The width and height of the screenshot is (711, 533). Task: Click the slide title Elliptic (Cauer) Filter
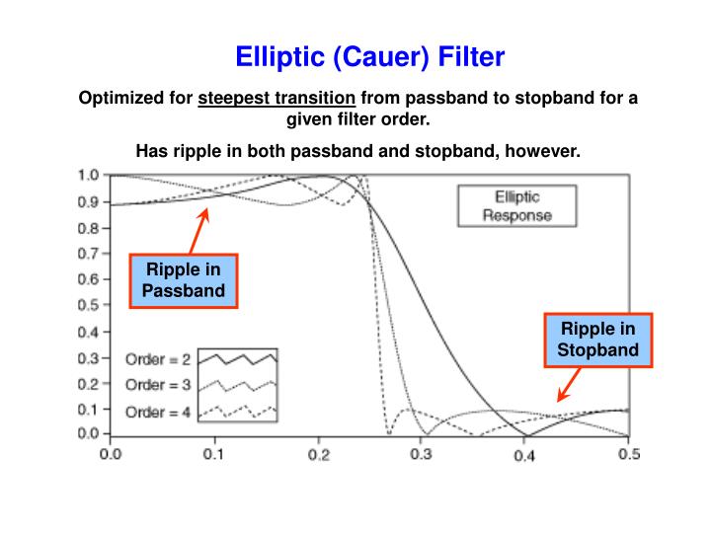pos(369,57)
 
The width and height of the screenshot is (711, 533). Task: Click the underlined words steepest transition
pos(276,99)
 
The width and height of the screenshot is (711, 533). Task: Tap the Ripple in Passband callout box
pos(184,280)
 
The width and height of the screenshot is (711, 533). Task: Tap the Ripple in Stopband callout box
pos(597,339)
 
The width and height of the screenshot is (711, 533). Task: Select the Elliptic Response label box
pos(516,206)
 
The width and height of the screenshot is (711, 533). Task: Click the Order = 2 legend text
pos(158,359)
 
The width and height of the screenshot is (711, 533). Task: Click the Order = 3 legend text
pos(158,385)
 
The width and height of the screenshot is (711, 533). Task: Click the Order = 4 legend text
pos(158,411)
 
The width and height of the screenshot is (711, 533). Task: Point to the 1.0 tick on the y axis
pos(89,176)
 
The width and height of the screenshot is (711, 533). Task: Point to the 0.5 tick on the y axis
pos(89,304)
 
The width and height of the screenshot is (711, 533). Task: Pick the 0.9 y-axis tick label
pos(89,201)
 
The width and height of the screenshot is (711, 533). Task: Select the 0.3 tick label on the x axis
pos(422,454)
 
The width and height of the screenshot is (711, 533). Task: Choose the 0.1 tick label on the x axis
pos(213,454)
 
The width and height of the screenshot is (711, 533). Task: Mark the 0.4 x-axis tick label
pos(524,454)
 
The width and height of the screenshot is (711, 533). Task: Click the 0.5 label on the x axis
pos(628,454)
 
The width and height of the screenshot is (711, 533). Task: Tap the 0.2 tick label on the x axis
pos(318,454)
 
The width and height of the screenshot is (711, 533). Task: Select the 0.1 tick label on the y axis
pos(89,408)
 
